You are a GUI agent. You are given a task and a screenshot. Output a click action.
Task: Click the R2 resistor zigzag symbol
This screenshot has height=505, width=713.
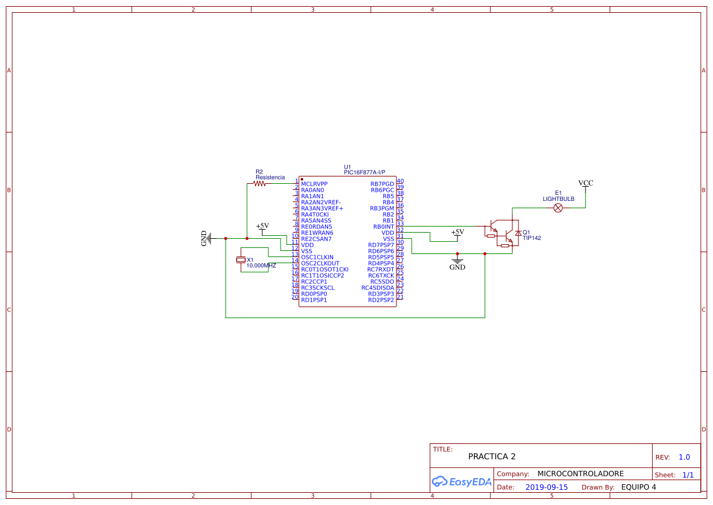click(x=260, y=183)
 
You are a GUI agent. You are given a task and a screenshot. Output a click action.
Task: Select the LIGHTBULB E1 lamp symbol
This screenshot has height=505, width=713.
click(x=557, y=208)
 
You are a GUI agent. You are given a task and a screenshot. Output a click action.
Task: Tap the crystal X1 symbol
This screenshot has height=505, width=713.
click(x=241, y=260)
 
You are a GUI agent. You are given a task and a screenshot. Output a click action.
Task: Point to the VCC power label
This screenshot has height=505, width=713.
click(x=586, y=183)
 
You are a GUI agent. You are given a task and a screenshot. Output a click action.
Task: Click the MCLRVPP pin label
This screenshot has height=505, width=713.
click(x=314, y=184)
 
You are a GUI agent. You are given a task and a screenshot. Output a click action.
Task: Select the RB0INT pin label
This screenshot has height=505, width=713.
click(x=384, y=227)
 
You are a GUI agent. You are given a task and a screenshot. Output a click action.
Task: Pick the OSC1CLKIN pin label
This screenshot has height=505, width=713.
click(x=317, y=257)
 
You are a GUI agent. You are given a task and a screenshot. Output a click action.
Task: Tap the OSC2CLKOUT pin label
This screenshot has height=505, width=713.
click(x=320, y=263)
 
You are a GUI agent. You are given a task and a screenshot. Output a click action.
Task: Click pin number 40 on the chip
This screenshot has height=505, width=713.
click(x=400, y=181)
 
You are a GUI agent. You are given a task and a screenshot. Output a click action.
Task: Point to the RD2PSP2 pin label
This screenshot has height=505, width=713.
click(x=381, y=300)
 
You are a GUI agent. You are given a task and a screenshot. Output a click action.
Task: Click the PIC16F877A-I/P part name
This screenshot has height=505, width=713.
click(x=365, y=173)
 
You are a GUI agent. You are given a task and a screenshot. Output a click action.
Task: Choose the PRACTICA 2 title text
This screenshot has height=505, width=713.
click(x=492, y=456)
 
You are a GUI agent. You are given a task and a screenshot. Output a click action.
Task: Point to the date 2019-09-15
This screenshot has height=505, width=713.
click(x=546, y=487)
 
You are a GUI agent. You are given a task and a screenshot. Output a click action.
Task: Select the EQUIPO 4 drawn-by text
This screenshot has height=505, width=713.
click(x=639, y=487)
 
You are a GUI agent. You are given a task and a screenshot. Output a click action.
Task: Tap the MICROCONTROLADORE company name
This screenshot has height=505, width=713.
click(x=580, y=474)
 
